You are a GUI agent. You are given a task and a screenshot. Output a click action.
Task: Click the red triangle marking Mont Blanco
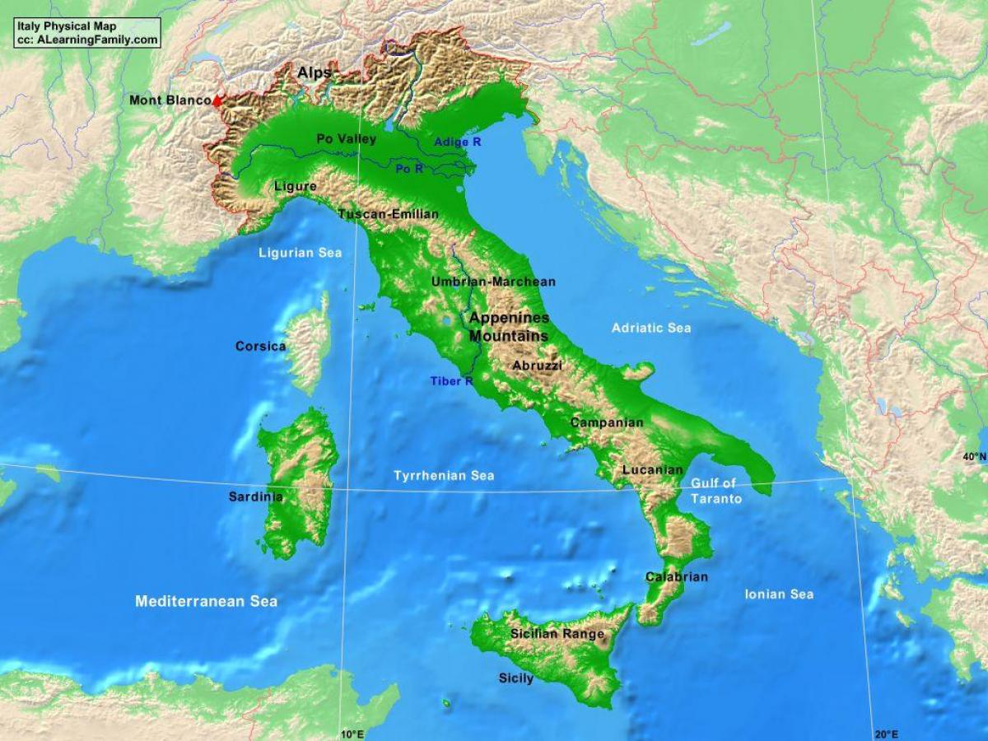pyautogui.click(x=217, y=101)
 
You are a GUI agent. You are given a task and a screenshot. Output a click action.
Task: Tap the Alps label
pyautogui.click(x=315, y=73)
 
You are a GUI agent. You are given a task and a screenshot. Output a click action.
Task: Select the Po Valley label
pyautogui.click(x=347, y=139)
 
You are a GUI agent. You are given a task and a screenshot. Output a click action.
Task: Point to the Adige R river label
pyautogui.click(x=458, y=142)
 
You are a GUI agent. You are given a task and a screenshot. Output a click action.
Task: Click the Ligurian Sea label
pyautogui.click(x=300, y=253)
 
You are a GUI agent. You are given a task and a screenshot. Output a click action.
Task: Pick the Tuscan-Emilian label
pyautogui.click(x=389, y=214)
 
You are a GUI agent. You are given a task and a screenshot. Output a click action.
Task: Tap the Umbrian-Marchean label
pyautogui.click(x=493, y=282)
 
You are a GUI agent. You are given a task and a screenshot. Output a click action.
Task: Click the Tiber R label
pyautogui.click(x=451, y=381)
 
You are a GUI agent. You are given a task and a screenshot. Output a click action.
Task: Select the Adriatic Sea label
pyautogui.click(x=651, y=328)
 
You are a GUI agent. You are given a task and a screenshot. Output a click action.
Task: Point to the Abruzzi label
pyautogui.click(x=537, y=366)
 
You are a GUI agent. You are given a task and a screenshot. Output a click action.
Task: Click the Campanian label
pyautogui.click(x=607, y=422)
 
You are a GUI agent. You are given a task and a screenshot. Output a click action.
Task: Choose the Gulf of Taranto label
pyautogui.click(x=715, y=491)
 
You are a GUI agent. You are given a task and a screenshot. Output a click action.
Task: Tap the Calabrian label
pyautogui.click(x=676, y=577)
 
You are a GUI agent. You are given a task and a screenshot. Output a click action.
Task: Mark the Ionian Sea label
pyautogui.click(x=779, y=594)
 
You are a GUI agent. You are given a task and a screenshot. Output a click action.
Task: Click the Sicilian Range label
pyautogui.click(x=557, y=634)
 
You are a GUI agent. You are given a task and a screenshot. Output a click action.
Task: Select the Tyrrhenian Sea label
pyautogui.click(x=444, y=476)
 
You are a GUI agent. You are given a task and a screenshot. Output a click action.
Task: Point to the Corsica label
pyautogui.click(x=260, y=346)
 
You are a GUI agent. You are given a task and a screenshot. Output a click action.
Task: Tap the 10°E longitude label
pyautogui.click(x=351, y=734)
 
